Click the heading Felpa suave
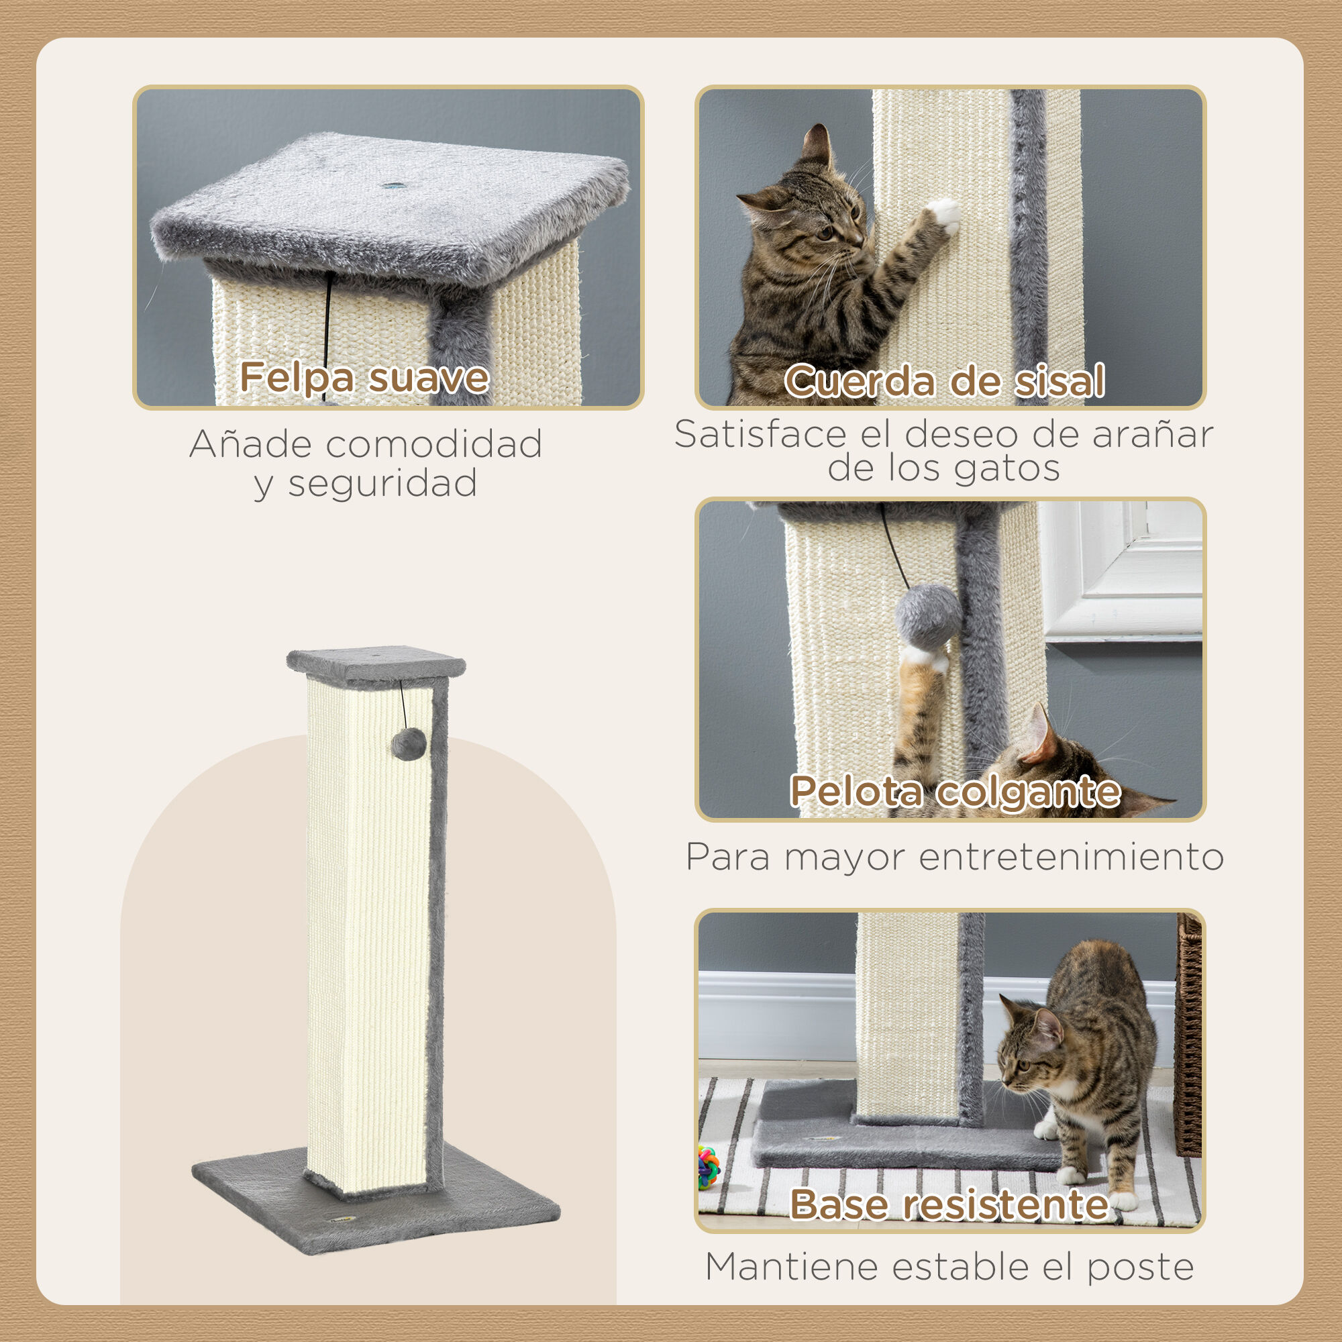pyautogui.click(x=364, y=378)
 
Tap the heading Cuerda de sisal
pyautogui.click(x=945, y=381)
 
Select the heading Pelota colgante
pyautogui.click(x=955, y=791)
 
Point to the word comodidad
pyautogui.click(x=434, y=445)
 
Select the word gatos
pyautogui.click(x=1007, y=468)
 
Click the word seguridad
pyautogui.click(x=382, y=484)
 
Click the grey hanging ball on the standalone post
pyautogui.click(x=409, y=744)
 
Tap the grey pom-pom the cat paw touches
pyautogui.click(x=928, y=615)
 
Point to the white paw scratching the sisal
pyautogui.click(x=945, y=213)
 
